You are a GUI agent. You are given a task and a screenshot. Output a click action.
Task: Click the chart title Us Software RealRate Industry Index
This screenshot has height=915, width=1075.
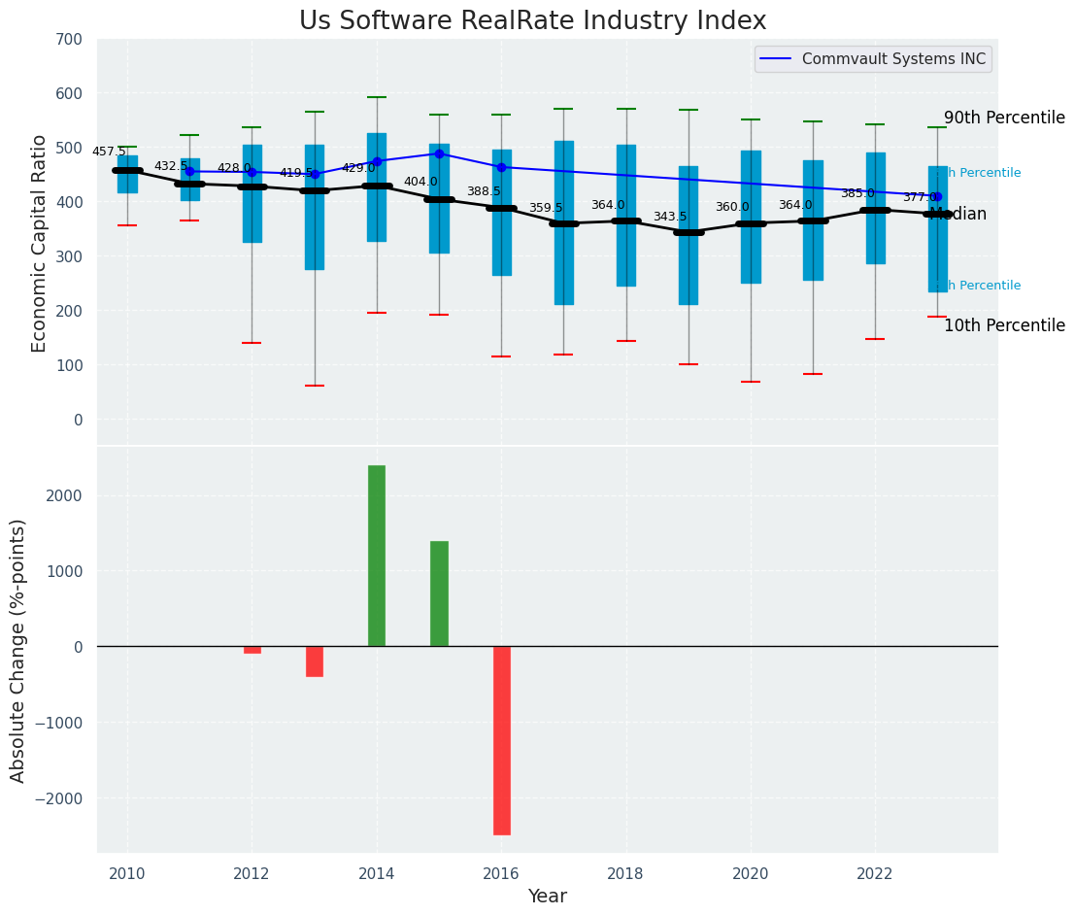coord(532,20)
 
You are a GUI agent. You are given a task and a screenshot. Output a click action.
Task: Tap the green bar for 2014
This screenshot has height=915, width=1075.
coord(377,556)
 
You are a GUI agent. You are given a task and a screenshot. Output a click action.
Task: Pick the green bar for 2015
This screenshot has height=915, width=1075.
coord(439,593)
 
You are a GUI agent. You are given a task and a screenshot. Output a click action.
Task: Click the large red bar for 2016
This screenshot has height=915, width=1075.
coord(501,740)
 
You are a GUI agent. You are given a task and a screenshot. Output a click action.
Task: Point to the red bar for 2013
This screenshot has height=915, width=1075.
coord(315,661)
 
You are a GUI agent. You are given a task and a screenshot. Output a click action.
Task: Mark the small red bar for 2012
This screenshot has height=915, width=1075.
coord(252,650)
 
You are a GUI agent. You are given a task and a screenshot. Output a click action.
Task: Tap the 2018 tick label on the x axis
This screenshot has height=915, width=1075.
coord(626,873)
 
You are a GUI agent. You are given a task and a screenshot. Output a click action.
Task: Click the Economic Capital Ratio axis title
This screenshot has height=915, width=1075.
coord(39,243)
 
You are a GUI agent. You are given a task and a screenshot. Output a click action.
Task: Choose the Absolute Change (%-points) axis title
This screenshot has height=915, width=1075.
coord(18,650)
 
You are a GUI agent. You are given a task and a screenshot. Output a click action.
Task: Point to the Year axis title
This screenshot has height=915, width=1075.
coord(548,897)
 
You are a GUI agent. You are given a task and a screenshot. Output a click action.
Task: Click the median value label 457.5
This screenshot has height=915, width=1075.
coord(109,152)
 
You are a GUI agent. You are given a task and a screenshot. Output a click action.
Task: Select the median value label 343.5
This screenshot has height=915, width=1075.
coord(670,217)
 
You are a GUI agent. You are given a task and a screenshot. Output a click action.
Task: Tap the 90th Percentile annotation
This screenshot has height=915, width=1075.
coord(1004,118)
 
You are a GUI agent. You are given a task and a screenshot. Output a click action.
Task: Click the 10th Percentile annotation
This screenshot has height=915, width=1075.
coord(1004,325)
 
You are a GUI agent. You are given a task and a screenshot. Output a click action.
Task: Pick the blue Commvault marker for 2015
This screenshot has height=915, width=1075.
coord(439,153)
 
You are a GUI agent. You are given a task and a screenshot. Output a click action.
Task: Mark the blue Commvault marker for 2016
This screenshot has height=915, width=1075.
coord(501,167)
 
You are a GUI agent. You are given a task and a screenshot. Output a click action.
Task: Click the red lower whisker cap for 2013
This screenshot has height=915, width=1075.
coord(315,386)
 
